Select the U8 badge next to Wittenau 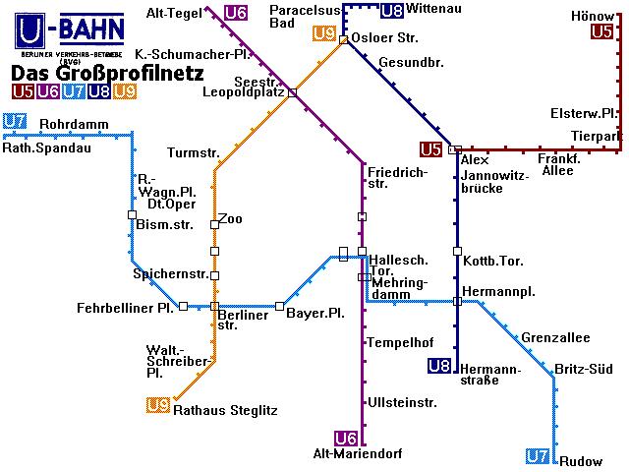tap(391, 12)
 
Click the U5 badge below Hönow tap(602, 32)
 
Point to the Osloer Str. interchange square tap(343, 40)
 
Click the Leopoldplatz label tap(243, 92)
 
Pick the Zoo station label tap(230, 218)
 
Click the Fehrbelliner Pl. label tap(126, 309)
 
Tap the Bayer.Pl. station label tap(314, 313)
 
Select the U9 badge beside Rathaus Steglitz tap(157, 405)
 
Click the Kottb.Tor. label tap(492, 261)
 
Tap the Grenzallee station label tap(555, 338)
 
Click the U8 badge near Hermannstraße tap(439, 367)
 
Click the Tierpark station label tap(597, 136)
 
